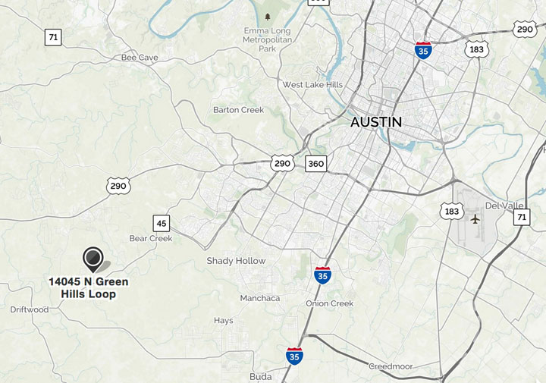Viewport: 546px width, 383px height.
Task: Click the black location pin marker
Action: (93, 259)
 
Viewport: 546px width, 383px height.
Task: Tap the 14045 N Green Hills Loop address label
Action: (89, 287)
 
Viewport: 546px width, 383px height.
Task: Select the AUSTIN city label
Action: (376, 122)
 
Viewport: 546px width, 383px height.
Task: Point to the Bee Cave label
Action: (140, 58)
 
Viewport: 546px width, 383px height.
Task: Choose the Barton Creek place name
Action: (238, 110)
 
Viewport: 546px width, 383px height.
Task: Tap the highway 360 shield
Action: (316, 163)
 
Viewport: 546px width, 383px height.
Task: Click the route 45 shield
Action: (161, 223)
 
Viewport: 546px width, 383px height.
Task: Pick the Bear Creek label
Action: (151, 238)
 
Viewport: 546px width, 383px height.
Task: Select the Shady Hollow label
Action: (236, 261)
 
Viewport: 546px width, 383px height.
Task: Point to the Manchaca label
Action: (260, 298)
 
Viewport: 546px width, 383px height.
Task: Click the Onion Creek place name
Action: (330, 303)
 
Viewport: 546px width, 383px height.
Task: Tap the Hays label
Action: (224, 321)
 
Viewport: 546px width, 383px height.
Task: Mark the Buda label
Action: (260, 376)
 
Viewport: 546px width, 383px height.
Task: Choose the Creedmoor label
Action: (391, 366)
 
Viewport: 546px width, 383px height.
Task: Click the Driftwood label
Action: (30, 309)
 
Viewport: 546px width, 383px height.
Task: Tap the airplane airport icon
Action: (475, 219)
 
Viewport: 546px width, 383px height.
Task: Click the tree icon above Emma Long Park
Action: (267, 17)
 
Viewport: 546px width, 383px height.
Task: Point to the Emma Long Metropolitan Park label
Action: (267, 39)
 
